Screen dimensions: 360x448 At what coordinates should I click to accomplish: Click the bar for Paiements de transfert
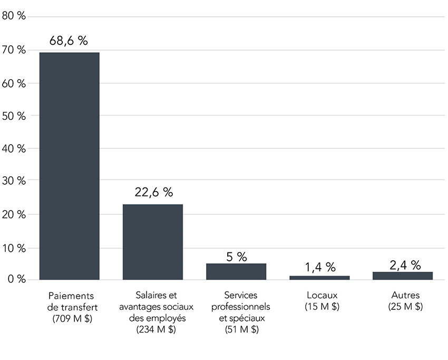point(69,166)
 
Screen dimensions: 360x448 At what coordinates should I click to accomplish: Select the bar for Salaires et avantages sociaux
point(153,242)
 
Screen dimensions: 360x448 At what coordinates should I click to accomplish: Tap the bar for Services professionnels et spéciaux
point(236,271)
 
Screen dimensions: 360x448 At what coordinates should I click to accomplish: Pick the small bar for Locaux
point(319,277)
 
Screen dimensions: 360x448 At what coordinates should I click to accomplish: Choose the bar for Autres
point(403,276)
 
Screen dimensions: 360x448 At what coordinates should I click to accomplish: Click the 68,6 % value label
point(69,41)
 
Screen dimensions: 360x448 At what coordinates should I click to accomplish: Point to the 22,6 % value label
point(153,193)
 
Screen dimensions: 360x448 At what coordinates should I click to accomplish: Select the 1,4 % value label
point(320,267)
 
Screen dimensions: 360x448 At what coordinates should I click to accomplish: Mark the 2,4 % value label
point(405,265)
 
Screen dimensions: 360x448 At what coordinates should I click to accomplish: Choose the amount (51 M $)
point(239,330)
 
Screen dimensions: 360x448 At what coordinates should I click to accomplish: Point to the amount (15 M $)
point(322,307)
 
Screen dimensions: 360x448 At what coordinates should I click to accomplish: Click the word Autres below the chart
point(405,295)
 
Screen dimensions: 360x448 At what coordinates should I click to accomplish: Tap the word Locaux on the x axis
point(322,295)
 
